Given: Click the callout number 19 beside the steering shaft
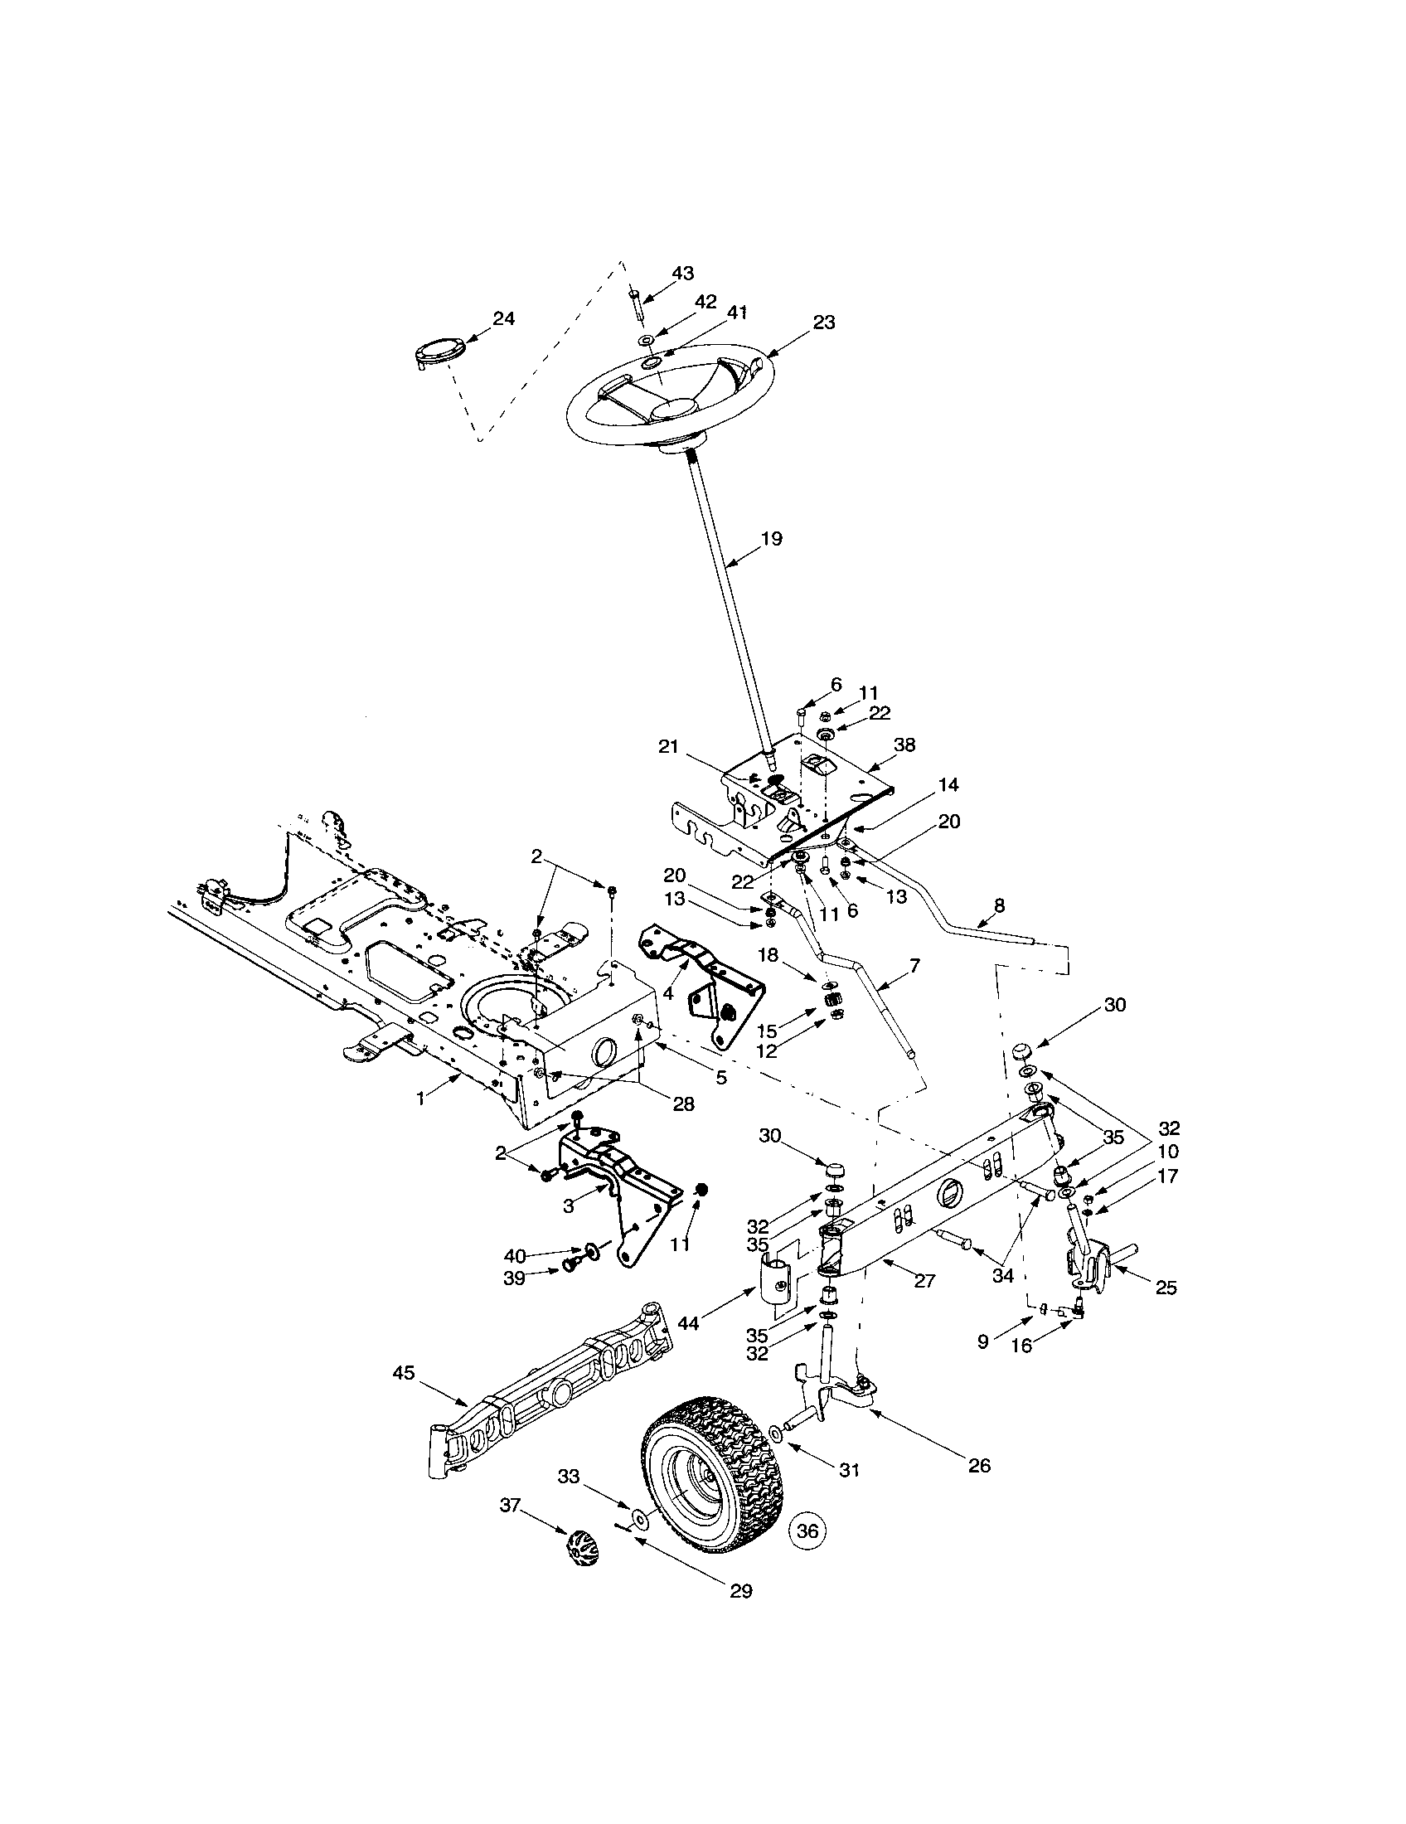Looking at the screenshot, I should point(772,539).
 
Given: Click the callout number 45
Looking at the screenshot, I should point(403,1373).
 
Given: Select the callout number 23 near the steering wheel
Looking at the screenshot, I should point(823,323).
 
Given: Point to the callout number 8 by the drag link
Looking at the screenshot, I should point(1000,905).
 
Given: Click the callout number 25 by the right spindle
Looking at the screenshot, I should point(1166,1288).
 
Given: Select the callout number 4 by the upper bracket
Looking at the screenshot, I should point(668,994).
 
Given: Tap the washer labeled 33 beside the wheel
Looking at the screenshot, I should point(638,1516).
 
